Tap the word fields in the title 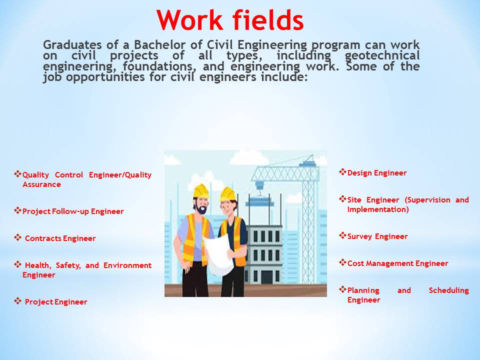[x=267, y=21]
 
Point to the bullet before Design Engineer [x=342, y=172]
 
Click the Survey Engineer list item [x=377, y=236]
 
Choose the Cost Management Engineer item [x=397, y=263]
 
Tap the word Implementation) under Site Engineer [x=378, y=209]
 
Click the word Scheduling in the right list [x=448, y=290]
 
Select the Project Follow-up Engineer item [x=73, y=211]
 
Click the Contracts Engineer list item [x=60, y=238]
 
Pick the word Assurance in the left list [x=41, y=184]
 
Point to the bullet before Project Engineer [x=17, y=301]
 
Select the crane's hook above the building [x=259, y=186]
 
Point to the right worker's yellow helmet [x=228, y=193]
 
